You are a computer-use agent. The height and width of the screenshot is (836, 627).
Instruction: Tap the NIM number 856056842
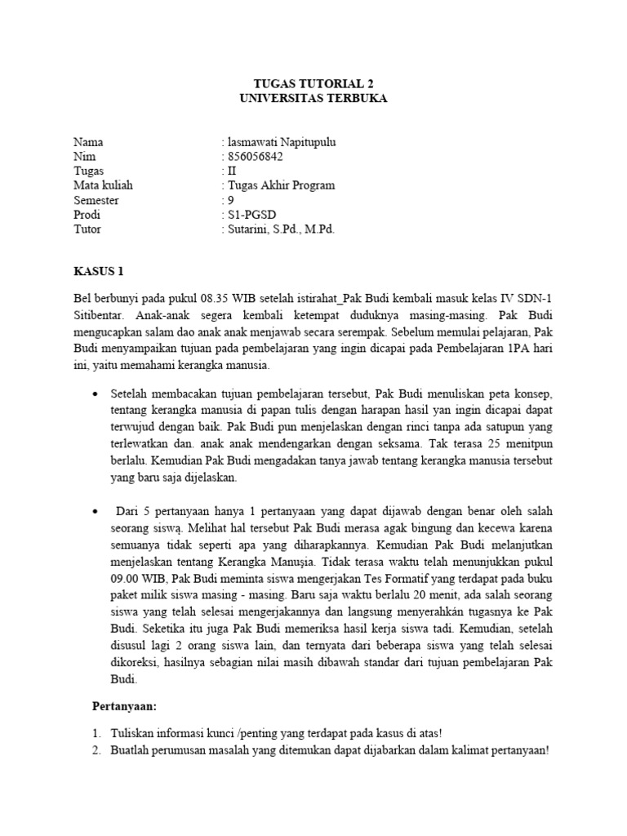[x=256, y=157]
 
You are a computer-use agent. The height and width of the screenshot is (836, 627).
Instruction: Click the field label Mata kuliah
[x=103, y=185]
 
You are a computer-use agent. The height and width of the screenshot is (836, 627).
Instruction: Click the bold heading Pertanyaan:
[x=124, y=703]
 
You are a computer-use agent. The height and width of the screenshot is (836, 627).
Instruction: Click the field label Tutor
[x=87, y=229]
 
